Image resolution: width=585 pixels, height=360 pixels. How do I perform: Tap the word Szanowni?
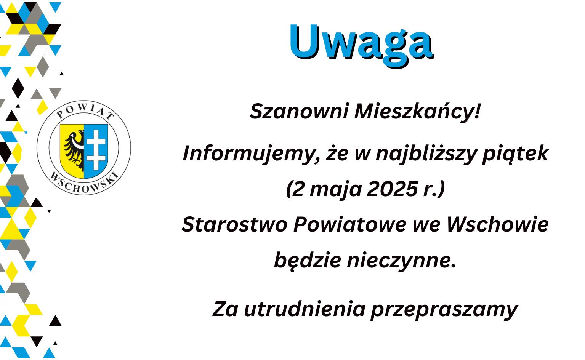click(299, 111)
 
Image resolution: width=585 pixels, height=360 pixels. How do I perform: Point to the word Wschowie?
click(497, 224)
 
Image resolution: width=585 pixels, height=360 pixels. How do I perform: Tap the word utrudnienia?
click(304, 309)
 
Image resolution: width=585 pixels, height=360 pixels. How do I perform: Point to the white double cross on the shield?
click(96, 149)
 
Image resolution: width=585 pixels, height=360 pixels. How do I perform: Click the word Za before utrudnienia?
click(225, 309)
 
